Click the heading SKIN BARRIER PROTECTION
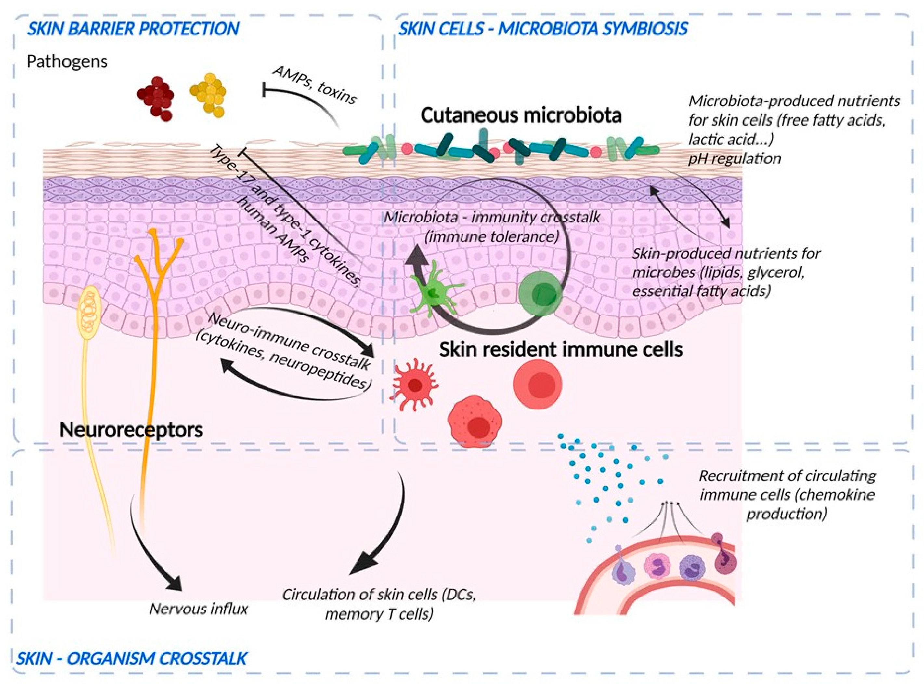point(133,29)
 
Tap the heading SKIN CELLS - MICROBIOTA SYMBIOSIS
point(542,29)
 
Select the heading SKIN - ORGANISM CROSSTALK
point(132,658)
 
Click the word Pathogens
point(67,61)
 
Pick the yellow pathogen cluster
point(208,95)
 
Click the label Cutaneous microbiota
point(521,115)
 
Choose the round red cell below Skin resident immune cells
point(538,384)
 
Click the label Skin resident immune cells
point(561,349)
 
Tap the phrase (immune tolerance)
point(492,236)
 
